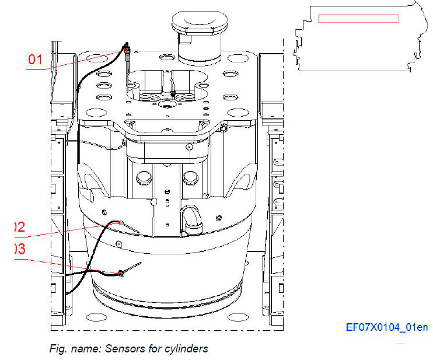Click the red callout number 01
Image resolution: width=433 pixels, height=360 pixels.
(36, 59)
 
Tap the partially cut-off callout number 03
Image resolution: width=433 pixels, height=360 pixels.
(19, 249)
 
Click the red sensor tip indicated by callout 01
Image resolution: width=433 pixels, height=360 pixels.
(126, 52)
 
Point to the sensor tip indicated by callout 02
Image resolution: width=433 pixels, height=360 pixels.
(120, 222)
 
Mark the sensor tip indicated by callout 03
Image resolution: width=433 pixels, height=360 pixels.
(121, 272)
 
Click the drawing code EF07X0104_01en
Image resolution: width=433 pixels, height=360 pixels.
(386, 327)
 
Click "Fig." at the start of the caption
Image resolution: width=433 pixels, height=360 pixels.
(57, 349)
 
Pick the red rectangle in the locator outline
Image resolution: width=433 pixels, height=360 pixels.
(358, 19)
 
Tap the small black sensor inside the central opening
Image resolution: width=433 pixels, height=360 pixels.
(173, 93)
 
